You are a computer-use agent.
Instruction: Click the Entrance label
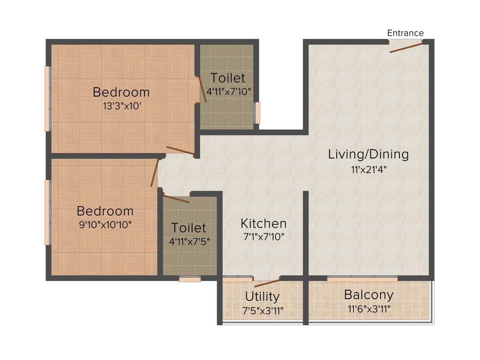point(405,33)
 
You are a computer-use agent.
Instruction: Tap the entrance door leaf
point(406,47)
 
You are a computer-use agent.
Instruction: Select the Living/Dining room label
point(368,154)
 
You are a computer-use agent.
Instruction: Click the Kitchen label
point(263,223)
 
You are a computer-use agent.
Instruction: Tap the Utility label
point(262,296)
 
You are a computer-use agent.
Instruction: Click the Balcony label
point(368,295)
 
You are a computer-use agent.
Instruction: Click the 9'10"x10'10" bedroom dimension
point(105,225)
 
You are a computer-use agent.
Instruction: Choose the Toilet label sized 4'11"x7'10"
point(227,77)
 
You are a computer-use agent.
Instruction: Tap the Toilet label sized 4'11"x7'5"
point(188,228)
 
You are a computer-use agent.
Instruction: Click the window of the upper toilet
point(257,113)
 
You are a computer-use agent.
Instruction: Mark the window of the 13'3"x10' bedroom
point(47,98)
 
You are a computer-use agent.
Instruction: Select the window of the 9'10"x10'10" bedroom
point(47,212)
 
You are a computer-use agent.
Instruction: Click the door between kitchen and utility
point(266,282)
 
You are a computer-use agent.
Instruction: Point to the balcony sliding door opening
point(362,279)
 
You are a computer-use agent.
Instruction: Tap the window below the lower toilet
point(190,279)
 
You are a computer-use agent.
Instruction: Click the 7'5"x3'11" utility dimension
point(262,310)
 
